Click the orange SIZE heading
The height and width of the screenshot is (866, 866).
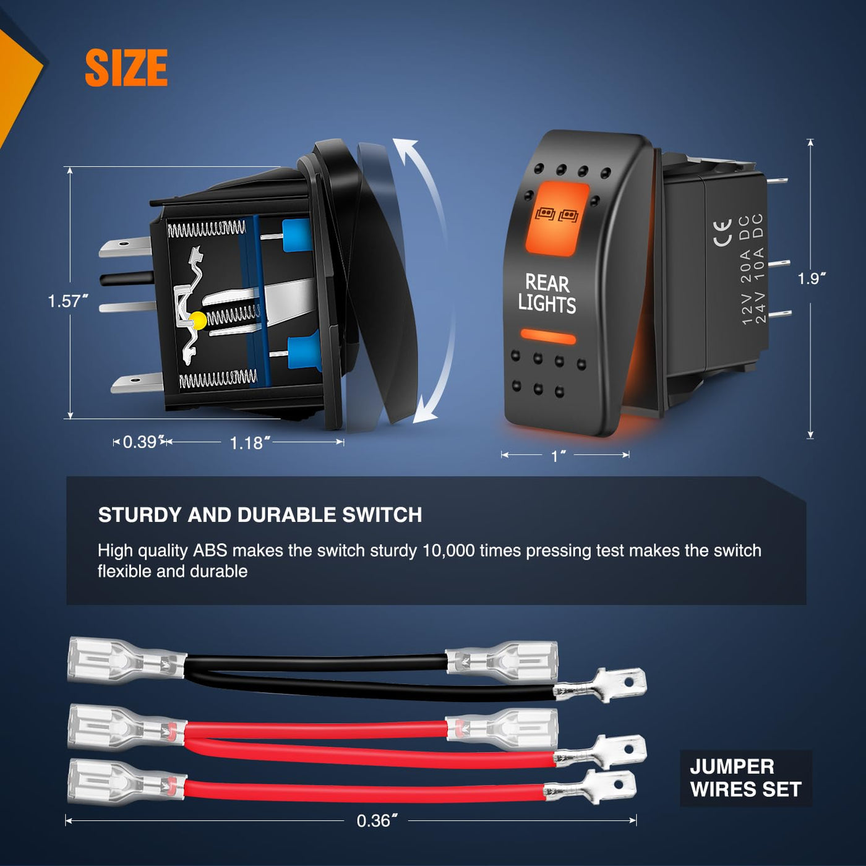point(126,67)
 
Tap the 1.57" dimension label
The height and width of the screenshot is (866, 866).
point(68,301)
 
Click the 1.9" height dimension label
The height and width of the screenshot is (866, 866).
point(812,278)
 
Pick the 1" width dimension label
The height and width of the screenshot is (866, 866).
point(558,456)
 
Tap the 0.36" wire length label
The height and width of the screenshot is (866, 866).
point(377,821)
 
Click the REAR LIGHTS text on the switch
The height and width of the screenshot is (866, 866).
point(547,293)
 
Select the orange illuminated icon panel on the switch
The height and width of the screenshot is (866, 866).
point(557,219)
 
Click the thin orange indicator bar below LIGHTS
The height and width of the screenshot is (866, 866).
point(548,337)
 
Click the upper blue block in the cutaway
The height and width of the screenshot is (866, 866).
point(296,234)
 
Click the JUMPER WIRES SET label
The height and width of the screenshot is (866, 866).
point(745,778)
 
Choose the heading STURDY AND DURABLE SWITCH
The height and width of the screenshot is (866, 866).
point(260,515)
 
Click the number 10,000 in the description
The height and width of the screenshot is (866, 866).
point(448,551)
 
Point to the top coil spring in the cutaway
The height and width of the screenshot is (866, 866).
point(207,229)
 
